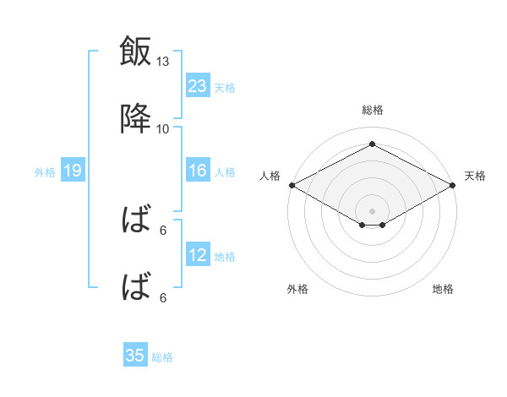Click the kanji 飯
tap(135, 51)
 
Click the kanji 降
tap(135, 118)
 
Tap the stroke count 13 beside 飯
tap(162, 62)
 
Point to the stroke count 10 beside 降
tap(162, 129)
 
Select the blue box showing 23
tap(198, 85)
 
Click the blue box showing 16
tap(198, 170)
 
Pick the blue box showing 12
tap(198, 253)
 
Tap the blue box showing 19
tap(73, 170)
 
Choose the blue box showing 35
tap(135, 354)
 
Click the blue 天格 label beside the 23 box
tap(225, 88)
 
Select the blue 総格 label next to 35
tap(162, 357)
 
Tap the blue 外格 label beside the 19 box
tap(45, 172)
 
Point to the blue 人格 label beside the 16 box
tap(225, 172)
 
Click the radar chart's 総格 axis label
tap(373, 110)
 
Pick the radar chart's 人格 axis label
tap(270, 176)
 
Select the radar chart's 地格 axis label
tap(443, 289)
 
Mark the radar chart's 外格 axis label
tap(297, 289)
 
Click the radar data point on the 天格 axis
tap(453, 185)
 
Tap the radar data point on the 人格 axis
tap(292, 185)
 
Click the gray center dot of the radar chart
tap(372, 211)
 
